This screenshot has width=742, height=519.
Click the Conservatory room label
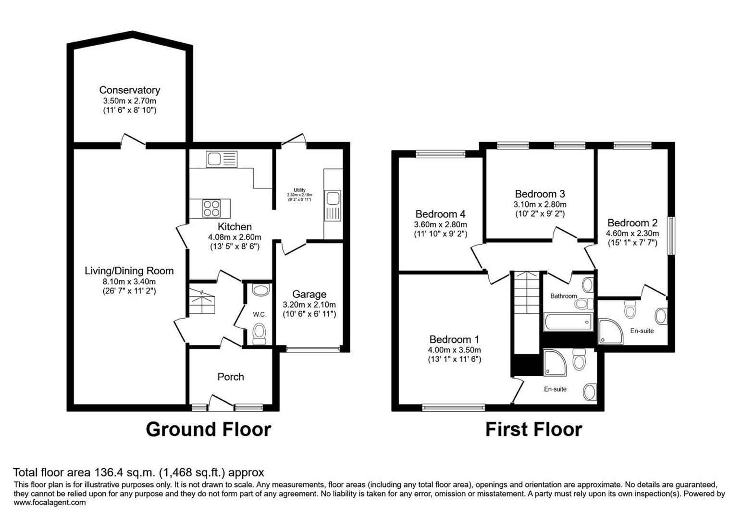coord(129,90)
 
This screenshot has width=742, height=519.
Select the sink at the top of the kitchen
coord(222,159)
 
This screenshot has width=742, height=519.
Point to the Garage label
coord(309,294)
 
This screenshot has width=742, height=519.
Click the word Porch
coord(231,377)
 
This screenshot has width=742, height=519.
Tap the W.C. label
coord(260,314)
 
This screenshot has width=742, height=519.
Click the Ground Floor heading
coord(208,429)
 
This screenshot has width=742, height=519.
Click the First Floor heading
coord(533,429)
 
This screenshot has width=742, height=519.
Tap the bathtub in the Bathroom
coord(568,321)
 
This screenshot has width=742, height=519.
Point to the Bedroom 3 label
coord(540,194)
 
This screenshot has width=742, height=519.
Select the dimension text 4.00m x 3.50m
coord(454,350)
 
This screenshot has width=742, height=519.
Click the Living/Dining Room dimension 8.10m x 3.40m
coord(129,282)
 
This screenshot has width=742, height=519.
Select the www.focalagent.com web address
coord(50,503)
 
